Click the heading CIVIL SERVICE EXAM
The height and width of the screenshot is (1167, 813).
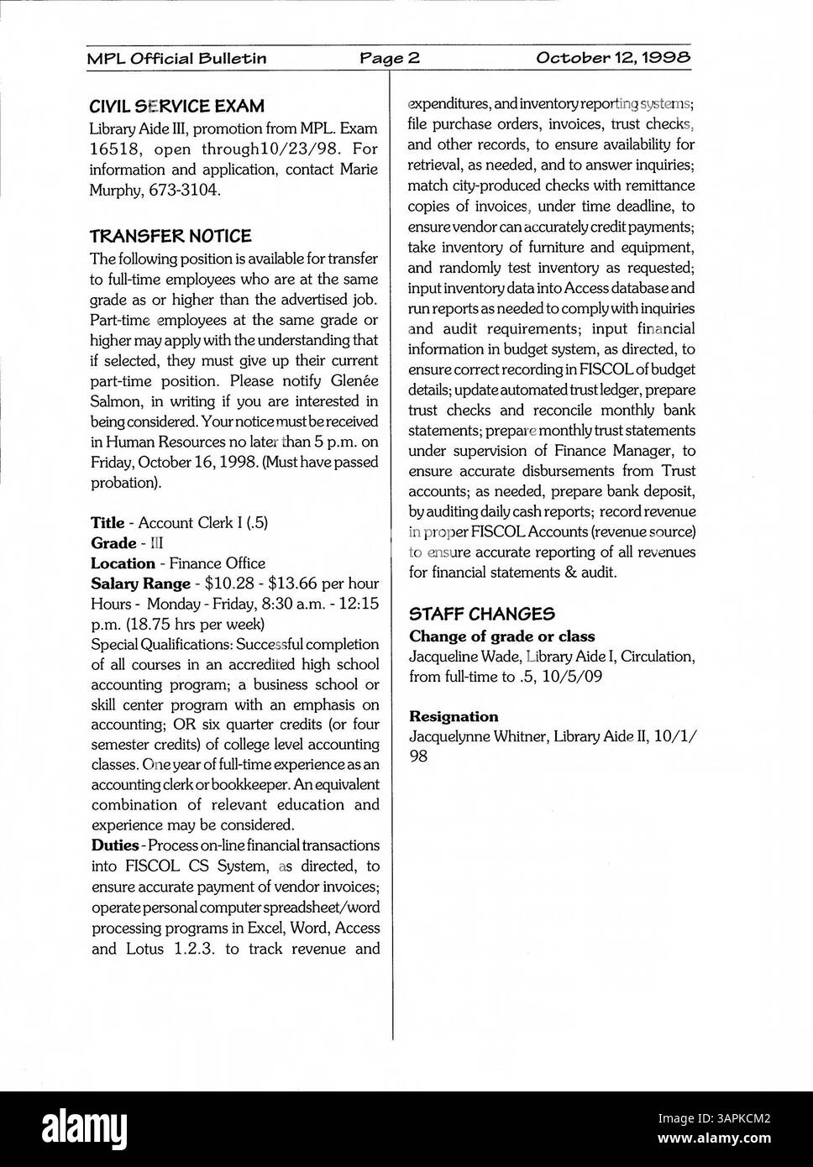(176, 107)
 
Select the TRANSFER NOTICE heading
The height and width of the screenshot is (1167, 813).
(170, 236)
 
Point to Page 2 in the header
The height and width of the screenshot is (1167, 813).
(390, 58)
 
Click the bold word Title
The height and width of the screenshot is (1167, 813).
(108, 522)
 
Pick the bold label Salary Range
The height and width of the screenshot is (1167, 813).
(140, 583)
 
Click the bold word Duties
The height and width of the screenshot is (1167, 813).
(114, 845)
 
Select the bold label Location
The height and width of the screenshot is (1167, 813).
(123, 563)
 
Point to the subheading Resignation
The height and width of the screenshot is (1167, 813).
(454, 716)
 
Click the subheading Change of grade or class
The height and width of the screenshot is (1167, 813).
(501, 636)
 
